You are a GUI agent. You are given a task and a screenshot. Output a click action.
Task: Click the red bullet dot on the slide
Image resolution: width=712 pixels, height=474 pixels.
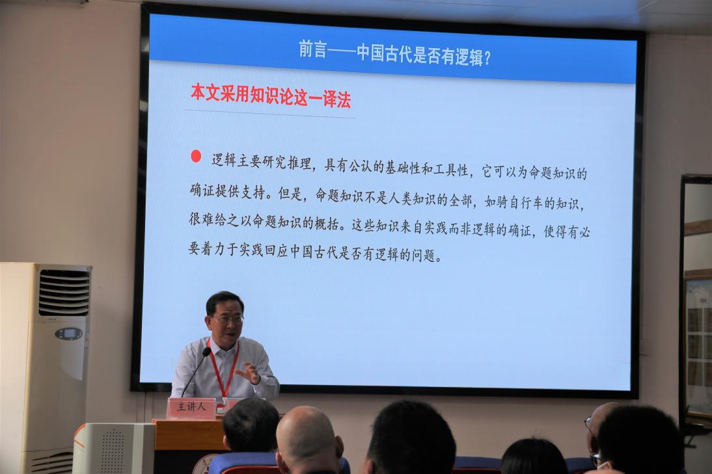[196, 156]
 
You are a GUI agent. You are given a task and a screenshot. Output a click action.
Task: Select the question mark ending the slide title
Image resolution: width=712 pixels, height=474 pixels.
[487, 58]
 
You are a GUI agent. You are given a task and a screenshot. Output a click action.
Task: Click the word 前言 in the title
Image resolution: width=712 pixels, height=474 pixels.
[313, 49]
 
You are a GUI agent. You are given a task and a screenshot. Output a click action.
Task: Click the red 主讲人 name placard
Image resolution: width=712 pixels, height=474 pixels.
[191, 407]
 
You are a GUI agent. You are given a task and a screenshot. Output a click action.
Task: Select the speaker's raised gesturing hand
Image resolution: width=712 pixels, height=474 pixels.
[249, 373]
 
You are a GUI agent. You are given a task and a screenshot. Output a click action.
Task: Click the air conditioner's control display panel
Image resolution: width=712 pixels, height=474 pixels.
[68, 334]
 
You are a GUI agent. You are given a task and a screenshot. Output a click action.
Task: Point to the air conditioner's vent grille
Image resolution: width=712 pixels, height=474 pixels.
[64, 291]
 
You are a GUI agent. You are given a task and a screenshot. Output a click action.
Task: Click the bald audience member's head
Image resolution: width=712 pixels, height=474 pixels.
[307, 437]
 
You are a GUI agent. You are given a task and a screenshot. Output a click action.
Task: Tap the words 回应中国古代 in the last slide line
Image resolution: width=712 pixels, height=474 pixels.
[301, 251]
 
